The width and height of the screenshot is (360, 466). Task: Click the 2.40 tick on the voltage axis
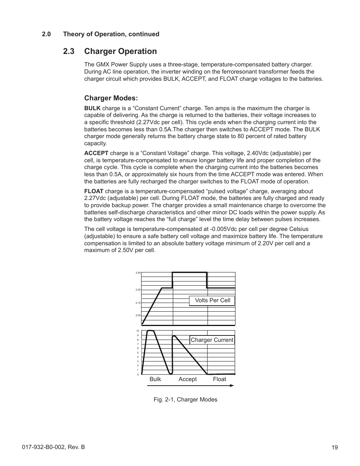coord(138,272)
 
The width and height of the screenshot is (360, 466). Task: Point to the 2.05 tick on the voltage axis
coord(138,315)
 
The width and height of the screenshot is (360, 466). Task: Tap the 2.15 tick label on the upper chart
coord(138,303)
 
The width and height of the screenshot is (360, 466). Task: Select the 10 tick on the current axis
coord(138,331)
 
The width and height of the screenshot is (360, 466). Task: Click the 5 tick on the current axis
coord(138,353)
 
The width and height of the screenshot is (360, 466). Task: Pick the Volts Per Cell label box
coord(212,300)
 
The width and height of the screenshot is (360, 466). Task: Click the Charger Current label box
coord(212,340)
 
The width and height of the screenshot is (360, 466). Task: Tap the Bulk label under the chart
coord(155,379)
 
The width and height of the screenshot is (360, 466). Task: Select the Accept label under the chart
coord(188,379)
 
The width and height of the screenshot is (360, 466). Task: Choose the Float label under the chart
coord(219,379)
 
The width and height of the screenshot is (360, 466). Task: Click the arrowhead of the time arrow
coord(232,386)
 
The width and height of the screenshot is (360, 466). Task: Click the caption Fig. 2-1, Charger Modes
coord(185,400)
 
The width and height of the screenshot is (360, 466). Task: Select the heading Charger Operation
coord(120,51)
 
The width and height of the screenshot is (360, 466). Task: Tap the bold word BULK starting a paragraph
coord(92,108)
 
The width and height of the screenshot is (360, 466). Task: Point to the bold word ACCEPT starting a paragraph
coord(96,153)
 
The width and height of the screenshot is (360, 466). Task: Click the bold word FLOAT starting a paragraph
coord(94,191)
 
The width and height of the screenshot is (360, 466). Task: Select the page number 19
coord(335,448)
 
